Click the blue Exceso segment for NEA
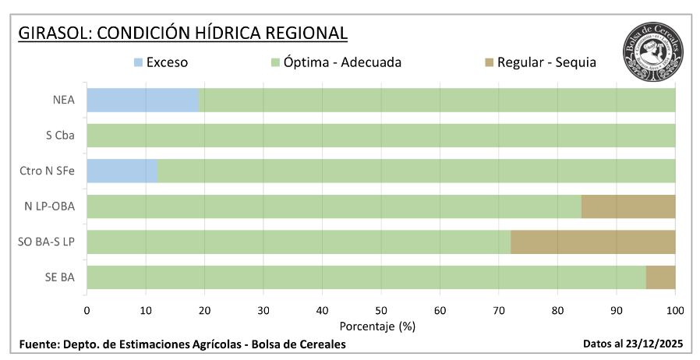(x=143, y=100)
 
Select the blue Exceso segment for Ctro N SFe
(x=122, y=171)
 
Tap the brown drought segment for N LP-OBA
(x=628, y=206)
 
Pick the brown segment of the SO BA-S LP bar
(x=592, y=242)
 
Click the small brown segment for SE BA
(x=660, y=277)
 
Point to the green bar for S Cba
(x=380, y=136)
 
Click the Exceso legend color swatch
(x=139, y=62)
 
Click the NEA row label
(x=64, y=101)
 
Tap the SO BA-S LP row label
(x=47, y=242)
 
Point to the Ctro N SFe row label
(x=48, y=171)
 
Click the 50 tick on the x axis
(x=380, y=310)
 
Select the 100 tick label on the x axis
(x=675, y=310)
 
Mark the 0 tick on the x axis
(x=87, y=310)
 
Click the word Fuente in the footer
(x=37, y=344)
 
